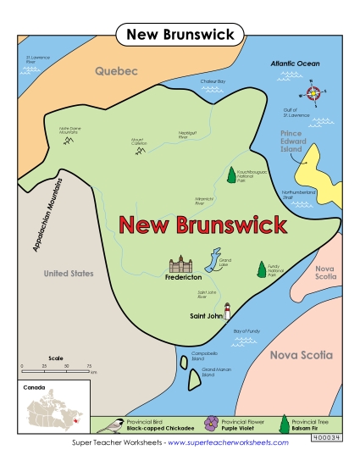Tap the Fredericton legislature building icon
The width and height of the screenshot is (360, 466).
[180, 265]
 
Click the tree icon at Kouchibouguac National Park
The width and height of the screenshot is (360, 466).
[231, 175]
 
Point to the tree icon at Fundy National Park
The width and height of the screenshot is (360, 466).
[260, 269]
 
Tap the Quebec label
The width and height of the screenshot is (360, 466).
[115, 71]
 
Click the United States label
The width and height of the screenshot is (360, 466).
[69, 274]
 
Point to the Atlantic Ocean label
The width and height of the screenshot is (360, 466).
[295, 64]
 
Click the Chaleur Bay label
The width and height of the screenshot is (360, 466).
[213, 81]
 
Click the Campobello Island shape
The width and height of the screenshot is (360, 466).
[184, 363]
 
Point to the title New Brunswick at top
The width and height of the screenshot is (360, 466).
[180, 34]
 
